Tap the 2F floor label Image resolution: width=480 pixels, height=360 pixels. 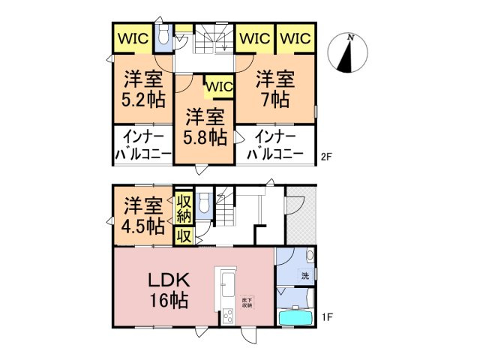(326, 157)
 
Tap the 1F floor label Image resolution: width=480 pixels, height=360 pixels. (327, 317)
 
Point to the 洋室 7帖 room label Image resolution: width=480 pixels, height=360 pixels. (274, 88)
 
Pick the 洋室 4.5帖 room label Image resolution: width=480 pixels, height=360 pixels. (142, 215)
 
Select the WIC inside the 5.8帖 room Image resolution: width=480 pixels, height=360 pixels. (219, 87)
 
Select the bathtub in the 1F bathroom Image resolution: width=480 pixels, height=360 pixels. (297, 319)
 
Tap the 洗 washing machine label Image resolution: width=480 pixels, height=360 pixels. (305, 274)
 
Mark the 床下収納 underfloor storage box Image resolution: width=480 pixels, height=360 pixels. (246, 301)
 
